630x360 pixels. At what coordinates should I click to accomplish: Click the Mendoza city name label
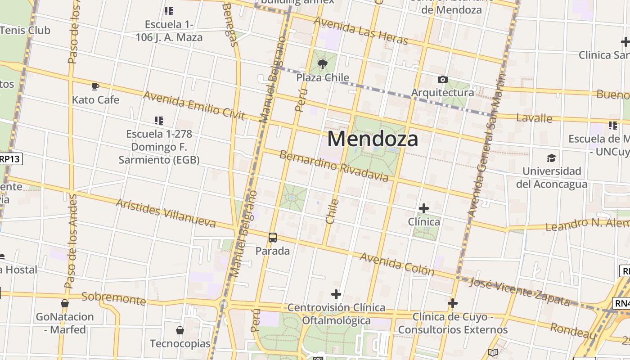pos(373,139)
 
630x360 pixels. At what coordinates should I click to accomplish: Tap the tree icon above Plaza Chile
pos(323,64)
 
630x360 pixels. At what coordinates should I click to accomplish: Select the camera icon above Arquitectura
pos(443,80)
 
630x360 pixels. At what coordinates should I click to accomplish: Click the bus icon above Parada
pos(272,238)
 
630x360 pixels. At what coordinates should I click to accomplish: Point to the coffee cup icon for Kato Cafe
pos(95,86)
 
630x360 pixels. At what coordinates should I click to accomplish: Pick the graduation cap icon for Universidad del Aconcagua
pos(551,158)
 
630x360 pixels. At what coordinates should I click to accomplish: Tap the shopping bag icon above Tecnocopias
pos(180,330)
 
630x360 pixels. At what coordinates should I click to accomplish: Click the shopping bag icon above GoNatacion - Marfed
pos(65,303)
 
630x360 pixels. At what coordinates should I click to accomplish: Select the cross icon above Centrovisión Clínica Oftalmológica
pos(336,295)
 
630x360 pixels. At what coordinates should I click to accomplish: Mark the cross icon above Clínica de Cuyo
pos(453,304)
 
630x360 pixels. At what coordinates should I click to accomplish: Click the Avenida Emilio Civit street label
pos(194,106)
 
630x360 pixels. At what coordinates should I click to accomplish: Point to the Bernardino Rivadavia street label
pos(333,166)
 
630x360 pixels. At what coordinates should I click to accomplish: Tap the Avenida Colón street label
pos(397,264)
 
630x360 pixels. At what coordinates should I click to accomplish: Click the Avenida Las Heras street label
pos(361,31)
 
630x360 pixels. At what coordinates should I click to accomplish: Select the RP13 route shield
pos(10,159)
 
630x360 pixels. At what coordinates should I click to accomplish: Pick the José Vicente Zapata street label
pos(519,292)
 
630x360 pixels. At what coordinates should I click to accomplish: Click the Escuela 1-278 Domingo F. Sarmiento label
pos(159,147)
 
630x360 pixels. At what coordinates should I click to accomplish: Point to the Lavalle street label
pos(534,118)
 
